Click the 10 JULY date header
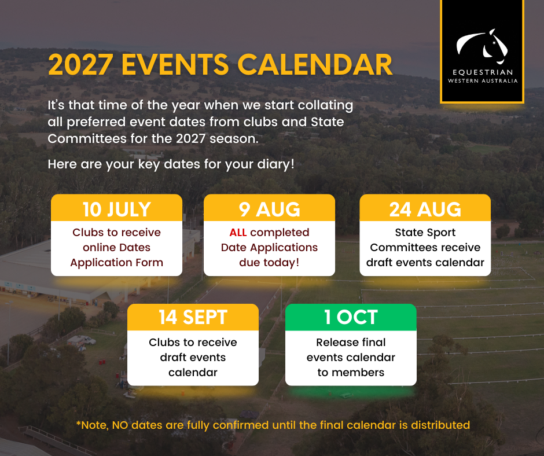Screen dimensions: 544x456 [x=116, y=209]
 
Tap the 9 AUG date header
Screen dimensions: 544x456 [x=269, y=209]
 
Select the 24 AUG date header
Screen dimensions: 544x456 [x=425, y=209]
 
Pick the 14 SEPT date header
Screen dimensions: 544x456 [x=193, y=317]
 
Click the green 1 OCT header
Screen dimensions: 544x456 [x=351, y=317]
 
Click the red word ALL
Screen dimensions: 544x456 [x=238, y=233]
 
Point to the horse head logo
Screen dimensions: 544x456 [x=482, y=47]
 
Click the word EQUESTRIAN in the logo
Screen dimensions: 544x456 [x=483, y=72]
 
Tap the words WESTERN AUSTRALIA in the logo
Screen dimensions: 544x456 [x=483, y=81]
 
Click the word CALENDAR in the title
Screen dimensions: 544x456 [x=315, y=65]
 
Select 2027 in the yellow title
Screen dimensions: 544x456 [x=80, y=65]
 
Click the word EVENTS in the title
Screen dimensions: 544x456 [x=175, y=65]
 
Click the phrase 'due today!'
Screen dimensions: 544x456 [x=269, y=262]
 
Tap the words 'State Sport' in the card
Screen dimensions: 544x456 [x=425, y=233]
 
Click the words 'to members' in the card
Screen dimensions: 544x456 [x=351, y=372]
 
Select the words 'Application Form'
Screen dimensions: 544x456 [x=116, y=263]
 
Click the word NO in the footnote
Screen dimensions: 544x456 [x=120, y=425]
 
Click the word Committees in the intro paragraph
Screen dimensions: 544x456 [x=87, y=138]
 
